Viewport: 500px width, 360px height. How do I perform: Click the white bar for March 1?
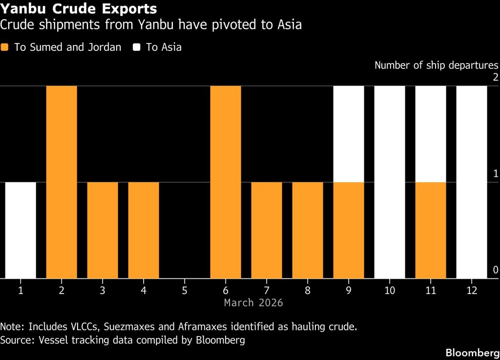point(21,230)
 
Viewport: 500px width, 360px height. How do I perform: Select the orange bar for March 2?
point(62,182)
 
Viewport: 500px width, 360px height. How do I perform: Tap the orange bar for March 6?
point(226,182)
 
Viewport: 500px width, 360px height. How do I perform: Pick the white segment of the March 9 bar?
point(349,134)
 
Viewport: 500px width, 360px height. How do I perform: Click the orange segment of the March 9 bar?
point(349,230)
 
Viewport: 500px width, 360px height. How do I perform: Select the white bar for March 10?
point(390,182)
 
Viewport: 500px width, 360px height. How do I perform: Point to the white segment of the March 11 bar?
point(431,134)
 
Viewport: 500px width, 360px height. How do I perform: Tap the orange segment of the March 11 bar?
point(431,230)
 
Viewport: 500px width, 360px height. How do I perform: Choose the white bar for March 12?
point(472,182)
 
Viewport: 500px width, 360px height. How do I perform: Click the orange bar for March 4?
point(144,230)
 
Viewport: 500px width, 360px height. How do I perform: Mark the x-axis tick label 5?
point(185,290)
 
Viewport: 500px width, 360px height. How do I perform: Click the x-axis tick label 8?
point(308,290)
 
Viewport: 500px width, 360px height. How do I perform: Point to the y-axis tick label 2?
point(495,77)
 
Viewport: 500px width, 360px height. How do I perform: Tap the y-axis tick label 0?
point(495,270)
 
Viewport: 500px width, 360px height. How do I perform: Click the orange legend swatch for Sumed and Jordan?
point(5,47)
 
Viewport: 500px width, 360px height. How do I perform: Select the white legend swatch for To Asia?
point(137,47)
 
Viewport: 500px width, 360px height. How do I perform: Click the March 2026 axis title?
point(253,303)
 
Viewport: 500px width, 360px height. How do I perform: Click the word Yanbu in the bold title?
point(20,9)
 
